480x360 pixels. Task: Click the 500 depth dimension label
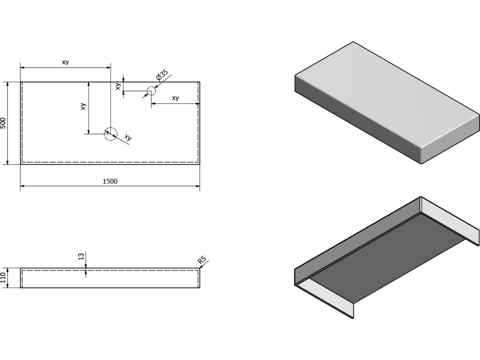[4, 123]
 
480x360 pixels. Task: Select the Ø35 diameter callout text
[162, 76]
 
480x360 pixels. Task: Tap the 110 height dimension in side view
[4, 278]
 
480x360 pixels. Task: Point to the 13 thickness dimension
[81, 256]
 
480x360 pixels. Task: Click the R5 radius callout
[202, 260]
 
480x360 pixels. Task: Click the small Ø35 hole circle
[151, 91]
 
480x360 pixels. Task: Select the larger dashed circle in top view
[110, 134]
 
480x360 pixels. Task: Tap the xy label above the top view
[65, 62]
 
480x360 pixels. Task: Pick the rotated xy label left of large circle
[83, 106]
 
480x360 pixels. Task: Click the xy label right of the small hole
[175, 98]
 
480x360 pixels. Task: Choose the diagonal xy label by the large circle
[127, 137]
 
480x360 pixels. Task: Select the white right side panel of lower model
[450, 220]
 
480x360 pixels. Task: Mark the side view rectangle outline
[110, 278]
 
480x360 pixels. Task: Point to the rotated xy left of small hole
[119, 86]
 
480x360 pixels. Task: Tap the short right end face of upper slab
[450, 141]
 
